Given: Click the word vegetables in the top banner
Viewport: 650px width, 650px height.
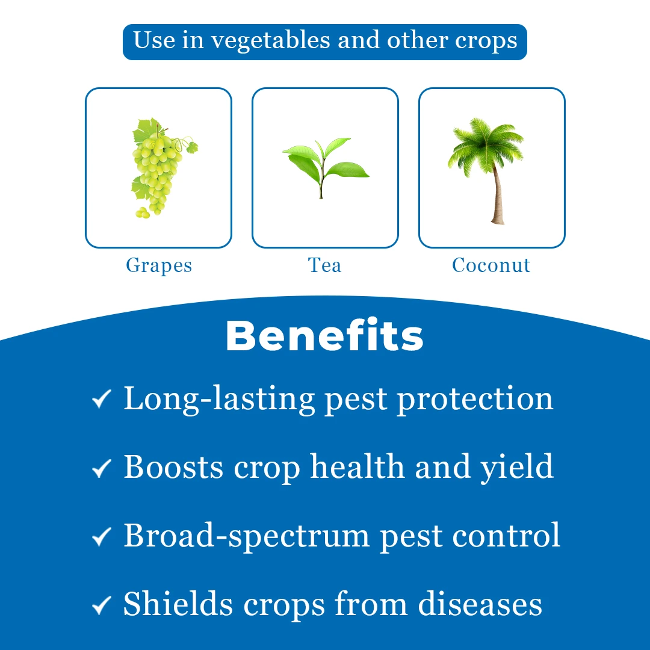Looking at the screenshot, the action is [271, 42].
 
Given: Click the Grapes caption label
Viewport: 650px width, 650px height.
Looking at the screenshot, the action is [159, 266].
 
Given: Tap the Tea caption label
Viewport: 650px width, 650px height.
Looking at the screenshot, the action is [324, 265].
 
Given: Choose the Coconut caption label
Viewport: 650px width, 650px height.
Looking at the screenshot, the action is [491, 265].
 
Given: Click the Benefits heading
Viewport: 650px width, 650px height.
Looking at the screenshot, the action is [324, 335].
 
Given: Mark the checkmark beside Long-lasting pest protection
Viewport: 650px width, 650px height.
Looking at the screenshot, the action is [102, 399].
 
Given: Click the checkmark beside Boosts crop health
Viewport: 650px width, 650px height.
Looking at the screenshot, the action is [102, 468].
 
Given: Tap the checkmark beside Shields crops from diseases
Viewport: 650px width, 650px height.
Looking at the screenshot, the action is [102, 605].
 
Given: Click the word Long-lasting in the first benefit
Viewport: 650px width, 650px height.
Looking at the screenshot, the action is [219, 400].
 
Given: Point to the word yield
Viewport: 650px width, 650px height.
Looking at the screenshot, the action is [517, 468].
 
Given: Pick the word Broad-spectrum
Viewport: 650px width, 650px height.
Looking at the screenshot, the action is [247, 536].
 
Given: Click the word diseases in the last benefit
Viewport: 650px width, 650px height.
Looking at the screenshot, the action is [480, 604].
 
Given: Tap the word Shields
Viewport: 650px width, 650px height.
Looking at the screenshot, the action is [178, 604].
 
